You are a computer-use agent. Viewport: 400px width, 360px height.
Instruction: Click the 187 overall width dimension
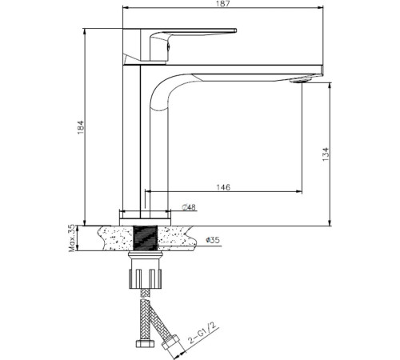(223, 6)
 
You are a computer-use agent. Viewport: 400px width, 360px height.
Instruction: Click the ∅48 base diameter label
(189, 207)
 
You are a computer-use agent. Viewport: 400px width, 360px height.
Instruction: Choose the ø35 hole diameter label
(214, 238)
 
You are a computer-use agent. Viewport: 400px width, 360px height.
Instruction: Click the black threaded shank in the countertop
(146, 238)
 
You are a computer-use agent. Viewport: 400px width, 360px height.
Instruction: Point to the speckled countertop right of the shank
(180, 238)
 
